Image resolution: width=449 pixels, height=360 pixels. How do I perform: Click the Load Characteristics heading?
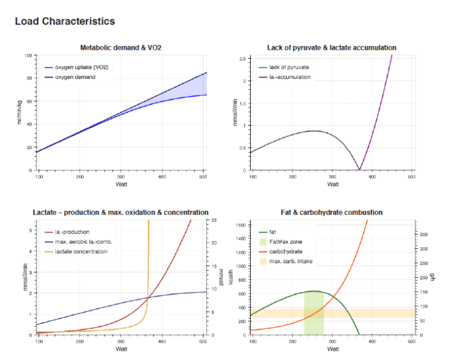[x=64, y=22]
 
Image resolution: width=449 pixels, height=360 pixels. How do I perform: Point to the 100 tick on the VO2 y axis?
[x=27, y=56]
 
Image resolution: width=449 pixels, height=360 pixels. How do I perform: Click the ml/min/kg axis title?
[x=19, y=113]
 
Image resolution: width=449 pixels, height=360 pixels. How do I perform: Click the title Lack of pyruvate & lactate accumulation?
[x=332, y=48]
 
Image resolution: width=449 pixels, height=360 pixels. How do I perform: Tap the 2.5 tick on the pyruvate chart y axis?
[x=244, y=58]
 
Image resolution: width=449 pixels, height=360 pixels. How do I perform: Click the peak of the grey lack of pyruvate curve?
[x=314, y=131]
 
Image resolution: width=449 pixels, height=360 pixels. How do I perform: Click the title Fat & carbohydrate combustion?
[x=332, y=212]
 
